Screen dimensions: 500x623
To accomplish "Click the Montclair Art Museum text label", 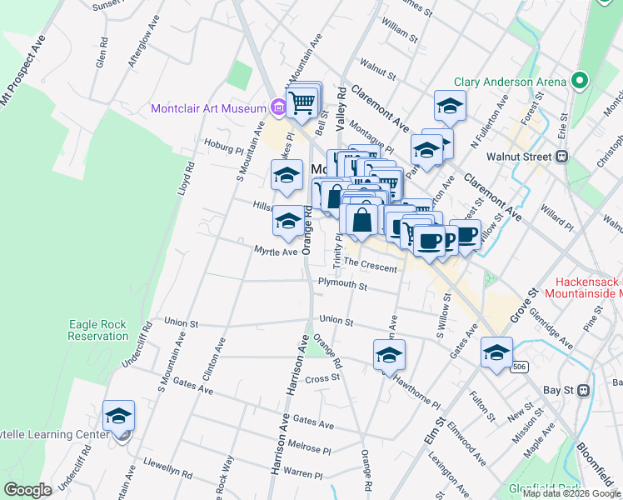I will (208, 108).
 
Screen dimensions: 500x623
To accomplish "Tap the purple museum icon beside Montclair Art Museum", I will (278, 107).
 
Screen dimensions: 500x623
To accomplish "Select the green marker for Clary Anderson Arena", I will (580, 82).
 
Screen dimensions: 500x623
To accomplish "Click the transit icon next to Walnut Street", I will (562, 156).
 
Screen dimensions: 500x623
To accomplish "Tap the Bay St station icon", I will (583, 389).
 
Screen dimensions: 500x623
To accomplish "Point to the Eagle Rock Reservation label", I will (99, 329).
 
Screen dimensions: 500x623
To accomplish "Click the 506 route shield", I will (518, 367).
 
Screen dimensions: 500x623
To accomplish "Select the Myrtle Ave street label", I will (276, 252).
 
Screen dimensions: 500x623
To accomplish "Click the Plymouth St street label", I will (342, 285).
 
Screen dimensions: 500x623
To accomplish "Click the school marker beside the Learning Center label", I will (118, 415).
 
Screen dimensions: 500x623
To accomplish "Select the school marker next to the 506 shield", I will (496, 352).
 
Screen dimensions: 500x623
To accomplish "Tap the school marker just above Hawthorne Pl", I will (389, 355).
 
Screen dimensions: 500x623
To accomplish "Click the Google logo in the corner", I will (27, 490).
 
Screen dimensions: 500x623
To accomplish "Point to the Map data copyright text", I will (571, 494).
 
